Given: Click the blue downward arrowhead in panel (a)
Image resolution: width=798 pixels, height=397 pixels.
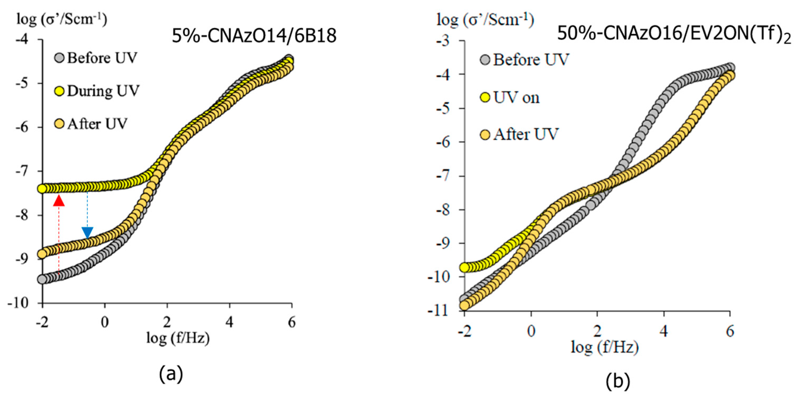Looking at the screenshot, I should tap(87, 233).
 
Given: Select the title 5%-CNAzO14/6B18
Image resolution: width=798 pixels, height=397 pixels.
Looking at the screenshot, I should tap(254, 36).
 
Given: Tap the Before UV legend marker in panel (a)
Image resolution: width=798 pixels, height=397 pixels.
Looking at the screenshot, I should tap(59, 58).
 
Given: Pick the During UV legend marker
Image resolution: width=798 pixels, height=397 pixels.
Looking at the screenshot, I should tap(59, 91).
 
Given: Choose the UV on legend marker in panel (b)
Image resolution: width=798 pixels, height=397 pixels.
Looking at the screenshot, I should tap(485, 98).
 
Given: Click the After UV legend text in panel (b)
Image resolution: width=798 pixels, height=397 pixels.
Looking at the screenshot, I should tap(526, 135).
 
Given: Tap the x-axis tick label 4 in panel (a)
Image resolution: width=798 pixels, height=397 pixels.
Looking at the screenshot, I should tap(229, 322).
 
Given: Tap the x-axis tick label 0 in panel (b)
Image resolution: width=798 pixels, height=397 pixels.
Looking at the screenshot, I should tap(531, 331).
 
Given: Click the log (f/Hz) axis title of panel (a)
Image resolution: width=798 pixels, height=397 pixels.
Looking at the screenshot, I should tap(178, 338).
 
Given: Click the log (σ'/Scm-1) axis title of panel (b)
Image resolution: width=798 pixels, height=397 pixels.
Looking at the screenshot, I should tap(485, 20).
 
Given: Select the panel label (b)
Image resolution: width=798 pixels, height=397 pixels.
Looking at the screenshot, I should tap(618, 381).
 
